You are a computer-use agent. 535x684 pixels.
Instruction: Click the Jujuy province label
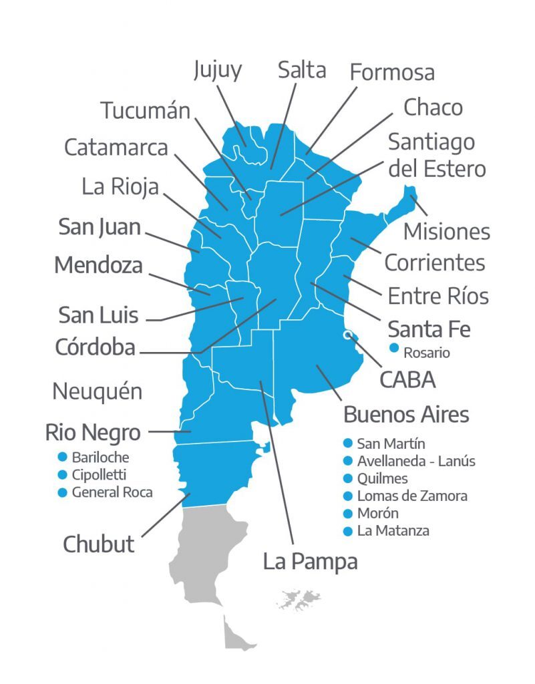(217, 71)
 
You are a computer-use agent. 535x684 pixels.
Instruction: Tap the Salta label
(302, 69)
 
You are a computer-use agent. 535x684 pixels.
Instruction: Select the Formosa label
(392, 72)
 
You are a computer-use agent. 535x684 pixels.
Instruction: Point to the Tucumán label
(146, 110)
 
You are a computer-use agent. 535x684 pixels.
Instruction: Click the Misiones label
(447, 231)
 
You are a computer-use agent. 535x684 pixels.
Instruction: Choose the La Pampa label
(310, 562)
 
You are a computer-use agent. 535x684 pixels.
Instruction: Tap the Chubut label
(99, 544)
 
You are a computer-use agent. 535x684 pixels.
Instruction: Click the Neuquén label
(98, 391)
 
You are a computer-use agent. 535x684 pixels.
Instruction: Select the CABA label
(407, 379)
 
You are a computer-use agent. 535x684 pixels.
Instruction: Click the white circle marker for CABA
(347, 335)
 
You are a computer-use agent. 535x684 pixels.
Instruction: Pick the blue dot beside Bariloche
(63, 458)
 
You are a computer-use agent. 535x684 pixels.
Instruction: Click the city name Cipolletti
(98, 475)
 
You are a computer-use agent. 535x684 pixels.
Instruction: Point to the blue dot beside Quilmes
(347, 478)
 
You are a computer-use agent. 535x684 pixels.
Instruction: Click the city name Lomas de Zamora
(412, 496)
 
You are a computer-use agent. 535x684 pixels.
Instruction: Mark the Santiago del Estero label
(437, 156)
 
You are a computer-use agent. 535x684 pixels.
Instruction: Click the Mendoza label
(98, 265)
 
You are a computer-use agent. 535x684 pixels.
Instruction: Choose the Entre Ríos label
(438, 295)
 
